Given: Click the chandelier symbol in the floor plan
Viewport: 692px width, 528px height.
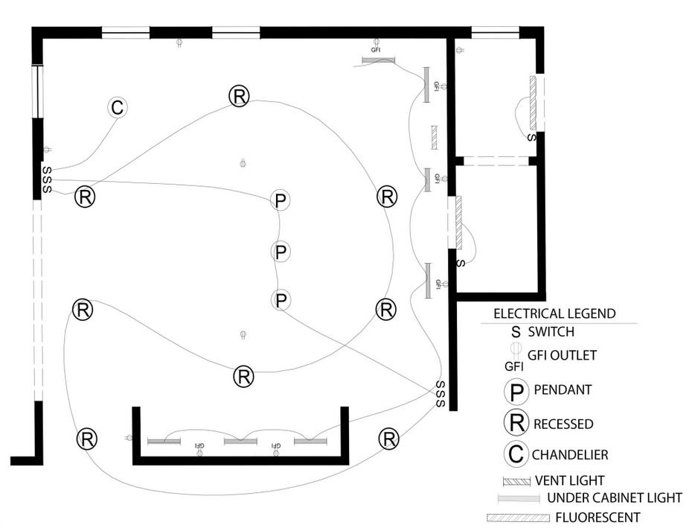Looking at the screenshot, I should point(117,108).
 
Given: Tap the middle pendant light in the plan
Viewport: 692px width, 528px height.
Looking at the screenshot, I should point(281,252).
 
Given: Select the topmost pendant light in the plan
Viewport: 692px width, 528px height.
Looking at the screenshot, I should point(281,200).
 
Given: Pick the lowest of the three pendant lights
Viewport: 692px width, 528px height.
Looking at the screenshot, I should point(281,301).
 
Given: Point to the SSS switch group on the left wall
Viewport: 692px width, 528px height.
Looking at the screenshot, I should point(46,179).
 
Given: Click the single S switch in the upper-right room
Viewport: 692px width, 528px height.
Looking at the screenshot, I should point(531,138).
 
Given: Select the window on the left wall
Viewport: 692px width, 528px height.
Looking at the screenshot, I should point(36,91).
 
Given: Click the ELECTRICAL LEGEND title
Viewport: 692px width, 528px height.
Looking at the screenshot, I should point(554,314).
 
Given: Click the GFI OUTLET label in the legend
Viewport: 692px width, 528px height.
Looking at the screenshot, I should point(562,355).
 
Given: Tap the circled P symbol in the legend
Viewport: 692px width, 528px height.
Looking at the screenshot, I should point(515,391).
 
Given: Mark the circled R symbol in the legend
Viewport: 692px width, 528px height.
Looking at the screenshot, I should point(515,423).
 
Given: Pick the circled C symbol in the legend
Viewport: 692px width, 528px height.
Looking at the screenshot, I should point(515,454).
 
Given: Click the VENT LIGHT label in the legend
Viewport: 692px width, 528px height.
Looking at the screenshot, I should point(569,480).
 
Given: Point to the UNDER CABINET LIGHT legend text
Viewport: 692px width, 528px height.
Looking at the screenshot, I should point(614,497).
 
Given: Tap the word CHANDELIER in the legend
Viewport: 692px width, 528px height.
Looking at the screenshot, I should point(569,454).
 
